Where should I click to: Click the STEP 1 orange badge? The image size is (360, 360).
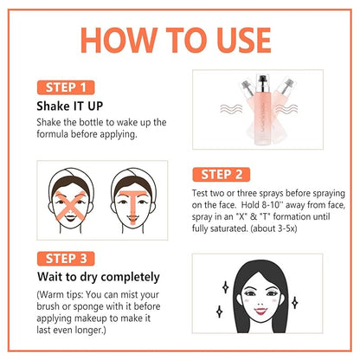(x=66, y=87)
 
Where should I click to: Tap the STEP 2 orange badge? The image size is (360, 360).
(x=222, y=174)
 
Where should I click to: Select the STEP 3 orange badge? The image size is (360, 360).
(x=66, y=259)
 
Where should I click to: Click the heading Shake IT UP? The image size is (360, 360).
(x=70, y=106)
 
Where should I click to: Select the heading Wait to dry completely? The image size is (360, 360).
(x=99, y=277)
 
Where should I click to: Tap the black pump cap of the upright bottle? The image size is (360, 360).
(x=262, y=80)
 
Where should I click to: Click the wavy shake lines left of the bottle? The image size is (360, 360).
(x=231, y=109)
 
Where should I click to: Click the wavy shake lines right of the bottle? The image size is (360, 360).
(x=286, y=109)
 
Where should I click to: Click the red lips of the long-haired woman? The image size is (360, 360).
(x=260, y=311)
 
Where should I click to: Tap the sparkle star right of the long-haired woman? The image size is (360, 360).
(x=294, y=303)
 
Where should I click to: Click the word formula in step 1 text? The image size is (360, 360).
(x=53, y=134)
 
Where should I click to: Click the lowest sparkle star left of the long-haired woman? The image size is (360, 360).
(x=219, y=312)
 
